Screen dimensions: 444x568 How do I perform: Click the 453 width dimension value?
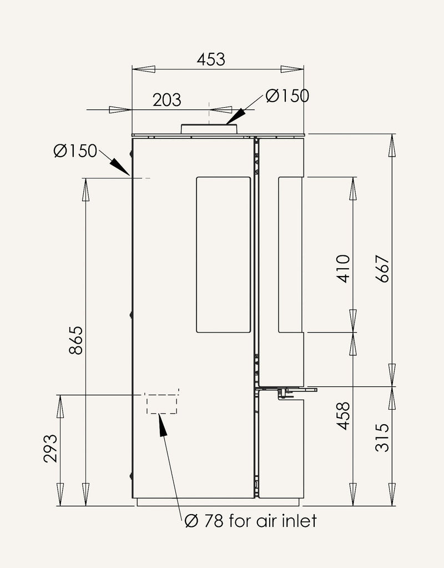coord(211,59)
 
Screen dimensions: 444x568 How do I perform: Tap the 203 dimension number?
coord(167,100)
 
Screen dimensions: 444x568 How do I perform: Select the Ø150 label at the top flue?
coord(287,96)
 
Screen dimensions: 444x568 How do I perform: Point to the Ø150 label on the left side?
coord(75,151)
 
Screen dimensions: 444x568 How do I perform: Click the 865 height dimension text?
coord(77,340)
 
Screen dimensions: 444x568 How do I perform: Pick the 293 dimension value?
coord(51,449)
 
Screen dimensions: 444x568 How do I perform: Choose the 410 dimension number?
coord(344,269)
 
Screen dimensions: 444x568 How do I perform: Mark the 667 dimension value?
coord(382,269)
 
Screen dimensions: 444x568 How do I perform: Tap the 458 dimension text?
coord(344,416)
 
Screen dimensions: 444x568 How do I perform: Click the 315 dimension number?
coord(382,438)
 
